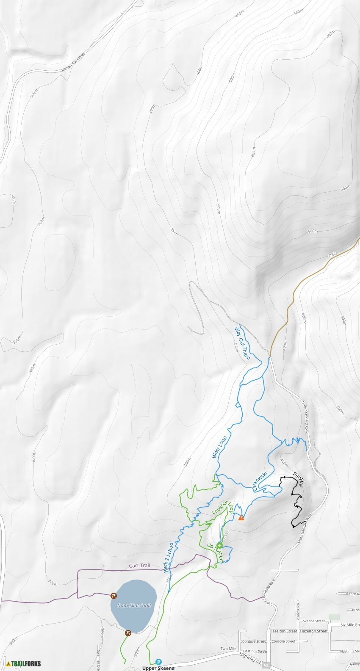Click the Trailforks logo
pos(23,663)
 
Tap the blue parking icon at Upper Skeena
pos(158,661)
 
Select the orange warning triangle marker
pos(241,517)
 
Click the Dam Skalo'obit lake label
pos(134,605)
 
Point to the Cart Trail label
pos(139,566)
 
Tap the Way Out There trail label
pos(242,343)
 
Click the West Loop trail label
pos(219,447)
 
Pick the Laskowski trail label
pos(260,481)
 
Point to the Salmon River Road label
pos(73,61)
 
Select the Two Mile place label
pos(228,649)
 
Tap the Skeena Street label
pos(314,621)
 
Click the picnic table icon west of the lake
pos(114,596)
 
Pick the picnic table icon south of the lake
pos(128,633)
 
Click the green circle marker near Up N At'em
pos(219,545)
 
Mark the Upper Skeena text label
pos(158,668)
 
